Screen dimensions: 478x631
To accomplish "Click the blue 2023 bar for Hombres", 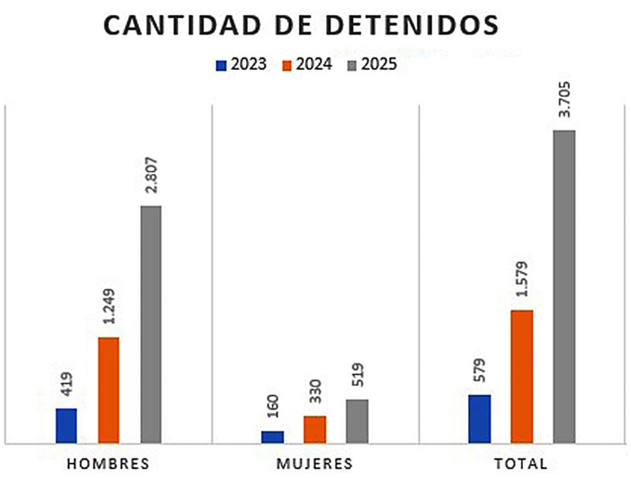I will tap(66, 426).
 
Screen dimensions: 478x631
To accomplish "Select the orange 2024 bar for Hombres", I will tap(109, 390).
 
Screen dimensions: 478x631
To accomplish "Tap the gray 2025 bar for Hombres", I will tap(151, 324).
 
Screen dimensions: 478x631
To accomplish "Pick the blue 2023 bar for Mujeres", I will tap(273, 437).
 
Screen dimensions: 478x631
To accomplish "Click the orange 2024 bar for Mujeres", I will tap(314, 429).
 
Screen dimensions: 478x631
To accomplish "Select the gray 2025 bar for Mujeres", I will tap(357, 421).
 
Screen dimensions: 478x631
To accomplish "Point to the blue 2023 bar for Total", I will tap(480, 419).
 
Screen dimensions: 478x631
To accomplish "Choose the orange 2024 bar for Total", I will tap(522, 376).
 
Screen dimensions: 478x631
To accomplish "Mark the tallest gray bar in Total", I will tap(564, 286).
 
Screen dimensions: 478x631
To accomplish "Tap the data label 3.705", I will tap(564, 99).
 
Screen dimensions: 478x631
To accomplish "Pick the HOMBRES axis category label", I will tap(109, 464).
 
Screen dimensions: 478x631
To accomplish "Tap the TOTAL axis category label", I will tap(520, 464).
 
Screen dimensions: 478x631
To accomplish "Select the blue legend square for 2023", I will tap(221, 66).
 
